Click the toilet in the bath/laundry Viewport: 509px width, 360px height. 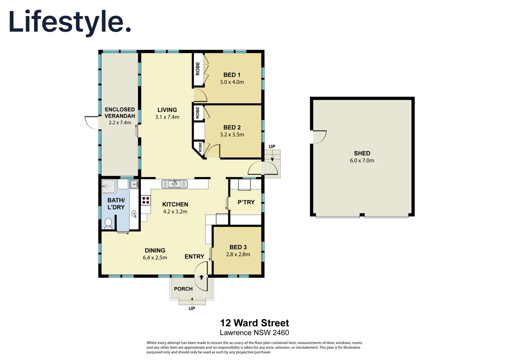[108, 223]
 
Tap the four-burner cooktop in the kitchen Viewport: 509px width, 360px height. [146, 200]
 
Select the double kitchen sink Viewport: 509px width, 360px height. [174, 184]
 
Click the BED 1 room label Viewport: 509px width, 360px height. [232, 75]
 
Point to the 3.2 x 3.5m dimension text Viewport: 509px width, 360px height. [232, 135]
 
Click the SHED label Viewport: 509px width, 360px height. [362, 153]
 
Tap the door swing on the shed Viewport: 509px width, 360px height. [319, 137]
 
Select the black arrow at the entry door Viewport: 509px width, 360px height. [201, 277]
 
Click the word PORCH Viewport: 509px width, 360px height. [183, 289]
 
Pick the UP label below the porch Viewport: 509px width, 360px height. [192, 309]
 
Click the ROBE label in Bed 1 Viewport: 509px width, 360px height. [198, 69]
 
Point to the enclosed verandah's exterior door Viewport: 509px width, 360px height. [91, 122]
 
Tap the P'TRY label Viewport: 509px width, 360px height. [246, 202]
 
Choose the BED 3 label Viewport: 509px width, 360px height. [238, 247]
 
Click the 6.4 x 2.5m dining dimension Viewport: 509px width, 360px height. [155, 258]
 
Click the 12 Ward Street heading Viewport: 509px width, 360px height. [254, 323]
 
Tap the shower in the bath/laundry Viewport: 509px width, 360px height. [109, 186]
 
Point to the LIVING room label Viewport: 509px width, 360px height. [167, 110]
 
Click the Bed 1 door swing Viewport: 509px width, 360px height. [200, 96]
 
